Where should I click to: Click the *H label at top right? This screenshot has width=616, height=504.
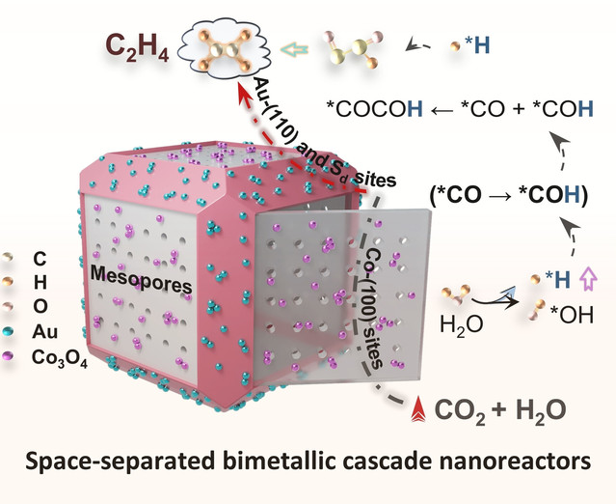click(482, 45)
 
